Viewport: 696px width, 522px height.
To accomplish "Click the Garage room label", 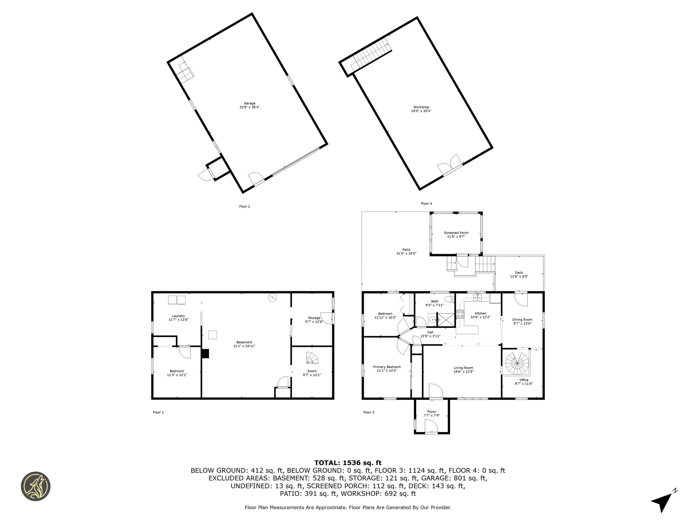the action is coord(249,103).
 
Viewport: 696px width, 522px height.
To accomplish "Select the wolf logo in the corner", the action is coord(36,486).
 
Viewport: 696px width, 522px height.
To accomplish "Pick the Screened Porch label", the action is coord(456,233).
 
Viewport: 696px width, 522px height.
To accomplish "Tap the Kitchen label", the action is coord(481,313).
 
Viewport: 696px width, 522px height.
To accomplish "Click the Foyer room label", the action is coord(432,412).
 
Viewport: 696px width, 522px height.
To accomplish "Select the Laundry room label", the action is coord(178,316).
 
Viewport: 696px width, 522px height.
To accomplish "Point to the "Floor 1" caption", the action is coord(158,412).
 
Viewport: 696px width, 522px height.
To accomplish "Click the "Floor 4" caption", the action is coord(426,204).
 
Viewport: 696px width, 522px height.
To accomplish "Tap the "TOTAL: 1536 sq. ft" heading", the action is coord(348,463).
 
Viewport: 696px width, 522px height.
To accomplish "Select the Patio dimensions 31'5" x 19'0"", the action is coord(406,253).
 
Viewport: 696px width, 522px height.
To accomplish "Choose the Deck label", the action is coord(519,273).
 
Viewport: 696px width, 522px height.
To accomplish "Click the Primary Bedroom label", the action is coord(387,367).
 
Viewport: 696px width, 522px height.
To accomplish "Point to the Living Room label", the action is coord(463,368).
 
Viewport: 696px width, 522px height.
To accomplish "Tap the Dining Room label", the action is coord(522,320).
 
